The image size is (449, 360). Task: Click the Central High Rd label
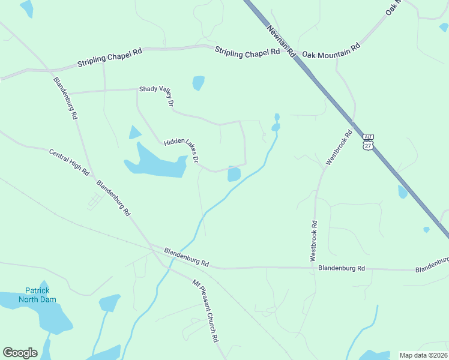click(x=69, y=162)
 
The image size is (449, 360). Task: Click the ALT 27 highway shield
click(x=368, y=142)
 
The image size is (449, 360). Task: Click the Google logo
click(x=20, y=353)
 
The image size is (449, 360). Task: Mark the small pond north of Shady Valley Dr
click(x=198, y=83)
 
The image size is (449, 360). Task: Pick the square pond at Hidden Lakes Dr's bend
click(x=234, y=175)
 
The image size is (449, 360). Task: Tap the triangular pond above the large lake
click(x=134, y=133)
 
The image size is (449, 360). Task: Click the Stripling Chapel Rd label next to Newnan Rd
click(x=247, y=53)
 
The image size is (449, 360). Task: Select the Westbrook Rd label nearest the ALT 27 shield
click(x=338, y=148)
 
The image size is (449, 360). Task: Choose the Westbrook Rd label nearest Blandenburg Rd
click(x=313, y=240)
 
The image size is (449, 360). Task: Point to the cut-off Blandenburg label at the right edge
click(x=432, y=264)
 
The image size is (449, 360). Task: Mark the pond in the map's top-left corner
click(x=26, y=8)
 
